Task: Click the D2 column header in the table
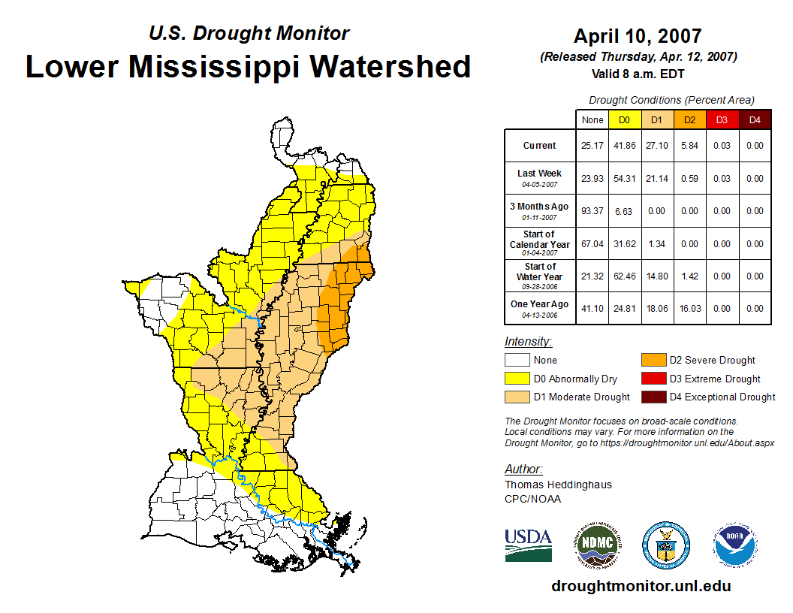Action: pos(689,119)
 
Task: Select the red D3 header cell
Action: pos(722,119)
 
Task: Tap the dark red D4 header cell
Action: pos(755,119)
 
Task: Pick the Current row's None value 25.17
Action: pos(592,146)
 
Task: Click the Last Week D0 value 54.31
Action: pos(624,179)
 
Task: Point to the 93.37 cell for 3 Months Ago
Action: pos(592,211)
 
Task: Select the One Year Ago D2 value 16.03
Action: pos(689,308)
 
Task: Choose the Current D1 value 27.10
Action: pos(656,146)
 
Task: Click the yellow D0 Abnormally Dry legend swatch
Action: pos(517,379)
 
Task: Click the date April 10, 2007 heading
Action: pos(638,36)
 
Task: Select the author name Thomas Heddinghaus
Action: pos(558,485)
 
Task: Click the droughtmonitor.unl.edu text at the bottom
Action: pos(641,586)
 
